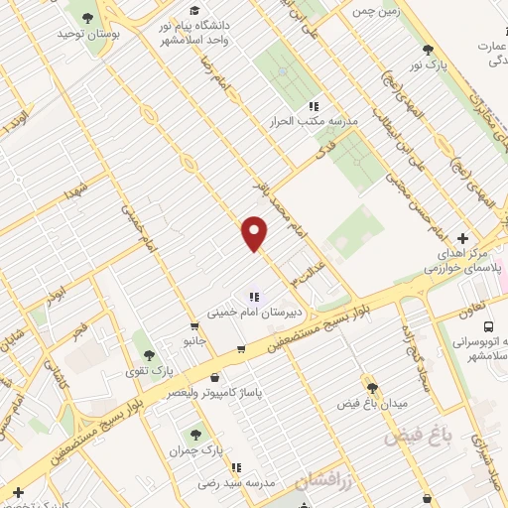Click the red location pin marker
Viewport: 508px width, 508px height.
tap(255, 233)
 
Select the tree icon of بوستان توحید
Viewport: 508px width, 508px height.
tap(88, 18)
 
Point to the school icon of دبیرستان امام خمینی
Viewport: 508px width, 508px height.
tap(254, 296)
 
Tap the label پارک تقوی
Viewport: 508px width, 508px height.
tap(155, 370)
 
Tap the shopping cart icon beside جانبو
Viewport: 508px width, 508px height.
tap(194, 325)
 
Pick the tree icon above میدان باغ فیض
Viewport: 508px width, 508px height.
tap(372, 387)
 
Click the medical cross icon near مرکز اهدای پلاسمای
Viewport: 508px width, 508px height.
tap(463, 238)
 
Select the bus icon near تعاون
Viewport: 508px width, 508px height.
tap(488, 326)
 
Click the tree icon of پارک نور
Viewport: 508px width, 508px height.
tap(429, 49)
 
